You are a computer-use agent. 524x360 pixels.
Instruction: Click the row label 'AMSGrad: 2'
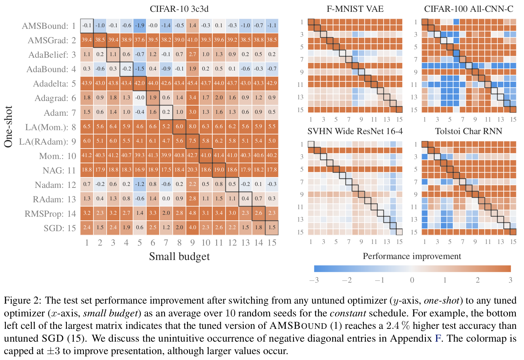52,40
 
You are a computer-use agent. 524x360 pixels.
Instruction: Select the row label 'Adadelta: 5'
54,84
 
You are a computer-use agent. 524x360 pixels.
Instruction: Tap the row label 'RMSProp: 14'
50,214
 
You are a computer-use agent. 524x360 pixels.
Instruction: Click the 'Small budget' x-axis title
179,256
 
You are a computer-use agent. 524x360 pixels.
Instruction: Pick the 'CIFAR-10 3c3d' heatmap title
179,9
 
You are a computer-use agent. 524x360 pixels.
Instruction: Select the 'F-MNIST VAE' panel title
355,9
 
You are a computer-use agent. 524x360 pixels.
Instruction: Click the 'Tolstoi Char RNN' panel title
469,131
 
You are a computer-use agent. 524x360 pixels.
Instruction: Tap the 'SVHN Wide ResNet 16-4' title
355,131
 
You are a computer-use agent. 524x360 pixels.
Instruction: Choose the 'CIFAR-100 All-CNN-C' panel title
469,9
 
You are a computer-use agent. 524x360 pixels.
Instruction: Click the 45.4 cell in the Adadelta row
192,83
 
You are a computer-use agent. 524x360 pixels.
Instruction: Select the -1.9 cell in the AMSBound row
139,26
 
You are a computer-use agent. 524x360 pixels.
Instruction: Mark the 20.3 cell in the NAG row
192,170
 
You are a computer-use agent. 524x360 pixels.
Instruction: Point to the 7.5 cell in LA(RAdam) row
192,141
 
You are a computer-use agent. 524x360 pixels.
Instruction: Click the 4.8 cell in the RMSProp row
192,213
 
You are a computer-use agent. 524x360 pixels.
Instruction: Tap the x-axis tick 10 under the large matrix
206,243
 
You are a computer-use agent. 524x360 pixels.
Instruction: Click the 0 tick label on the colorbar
412,280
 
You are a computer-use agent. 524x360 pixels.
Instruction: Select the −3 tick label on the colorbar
314,280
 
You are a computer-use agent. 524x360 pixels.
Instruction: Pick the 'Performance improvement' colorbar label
412,256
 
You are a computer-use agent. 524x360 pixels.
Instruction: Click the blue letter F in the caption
438,338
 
